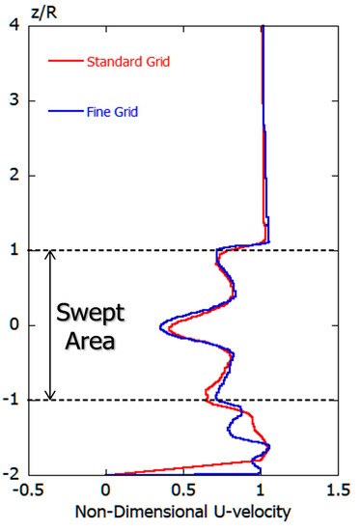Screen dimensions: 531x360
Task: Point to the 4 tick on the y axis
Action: [14, 26]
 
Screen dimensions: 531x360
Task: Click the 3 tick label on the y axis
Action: [14, 101]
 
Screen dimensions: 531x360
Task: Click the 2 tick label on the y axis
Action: [14, 176]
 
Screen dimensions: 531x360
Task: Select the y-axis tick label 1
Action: [14, 251]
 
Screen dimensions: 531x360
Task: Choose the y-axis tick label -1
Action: [11, 400]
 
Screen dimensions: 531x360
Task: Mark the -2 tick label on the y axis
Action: [11, 475]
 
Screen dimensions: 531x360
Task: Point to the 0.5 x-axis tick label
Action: [182, 489]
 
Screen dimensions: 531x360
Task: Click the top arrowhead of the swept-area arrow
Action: [49, 256]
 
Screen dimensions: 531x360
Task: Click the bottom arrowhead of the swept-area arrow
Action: [49, 395]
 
